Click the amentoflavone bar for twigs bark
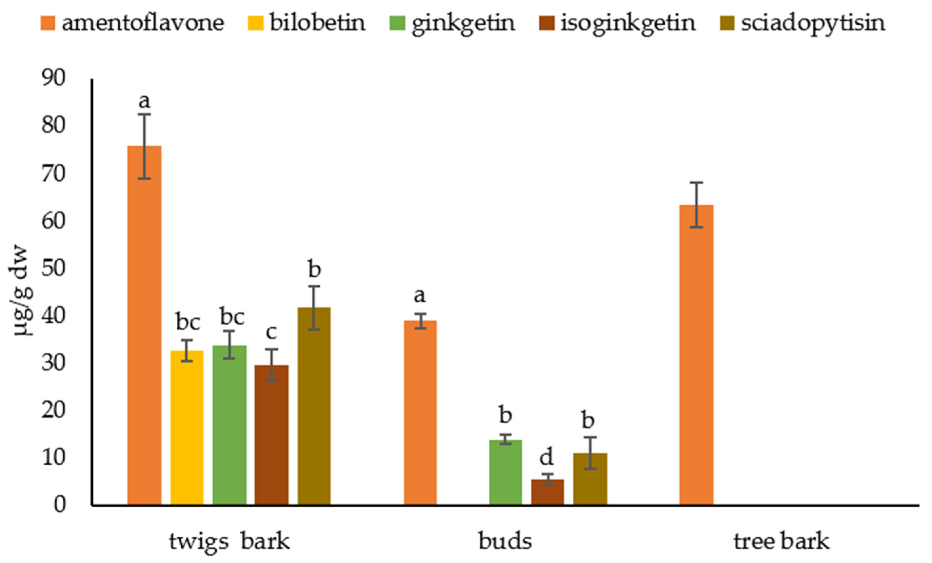point(144,325)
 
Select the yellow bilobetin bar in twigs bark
point(187,428)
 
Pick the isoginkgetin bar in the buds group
point(547,492)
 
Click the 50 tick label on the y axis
point(53,268)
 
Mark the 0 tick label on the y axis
point(59,505)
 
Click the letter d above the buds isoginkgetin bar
point(546,457)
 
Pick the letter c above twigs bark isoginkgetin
point(271,332)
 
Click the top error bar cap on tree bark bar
point(696,183)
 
